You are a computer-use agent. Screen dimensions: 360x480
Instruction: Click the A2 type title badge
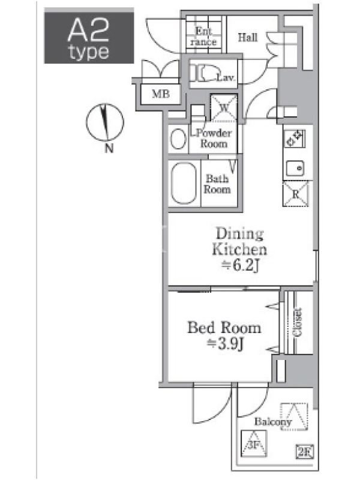[89, 35]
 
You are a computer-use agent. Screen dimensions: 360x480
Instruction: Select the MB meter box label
[161, 94]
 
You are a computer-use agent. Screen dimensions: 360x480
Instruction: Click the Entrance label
[203, 37]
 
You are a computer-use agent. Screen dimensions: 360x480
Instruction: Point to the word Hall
[248, 37]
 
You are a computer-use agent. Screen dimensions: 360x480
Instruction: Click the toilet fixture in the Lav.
[203, 73]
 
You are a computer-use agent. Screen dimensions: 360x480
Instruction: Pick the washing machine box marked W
[224, 108]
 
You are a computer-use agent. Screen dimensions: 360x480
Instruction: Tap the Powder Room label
[214, 139]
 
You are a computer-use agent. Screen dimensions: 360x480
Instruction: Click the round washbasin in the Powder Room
[178, 139]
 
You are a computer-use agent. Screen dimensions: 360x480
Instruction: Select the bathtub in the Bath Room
[184, 183]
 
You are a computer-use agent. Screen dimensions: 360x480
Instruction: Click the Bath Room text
[217, 184]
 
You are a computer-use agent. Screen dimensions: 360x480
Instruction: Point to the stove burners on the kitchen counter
[294, 139]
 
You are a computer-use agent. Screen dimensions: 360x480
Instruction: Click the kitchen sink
[295, 168]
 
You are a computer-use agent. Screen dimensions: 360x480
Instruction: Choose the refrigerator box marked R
[296, 194]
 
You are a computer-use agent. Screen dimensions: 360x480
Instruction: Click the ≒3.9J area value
[225, 344]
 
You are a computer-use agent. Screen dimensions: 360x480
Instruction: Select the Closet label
[298, 322]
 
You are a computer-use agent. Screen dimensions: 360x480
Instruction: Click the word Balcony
[273, 422]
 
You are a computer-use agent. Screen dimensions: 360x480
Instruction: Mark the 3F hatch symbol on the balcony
[254, 443]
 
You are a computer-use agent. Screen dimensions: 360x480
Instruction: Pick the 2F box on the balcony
[305, 452]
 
